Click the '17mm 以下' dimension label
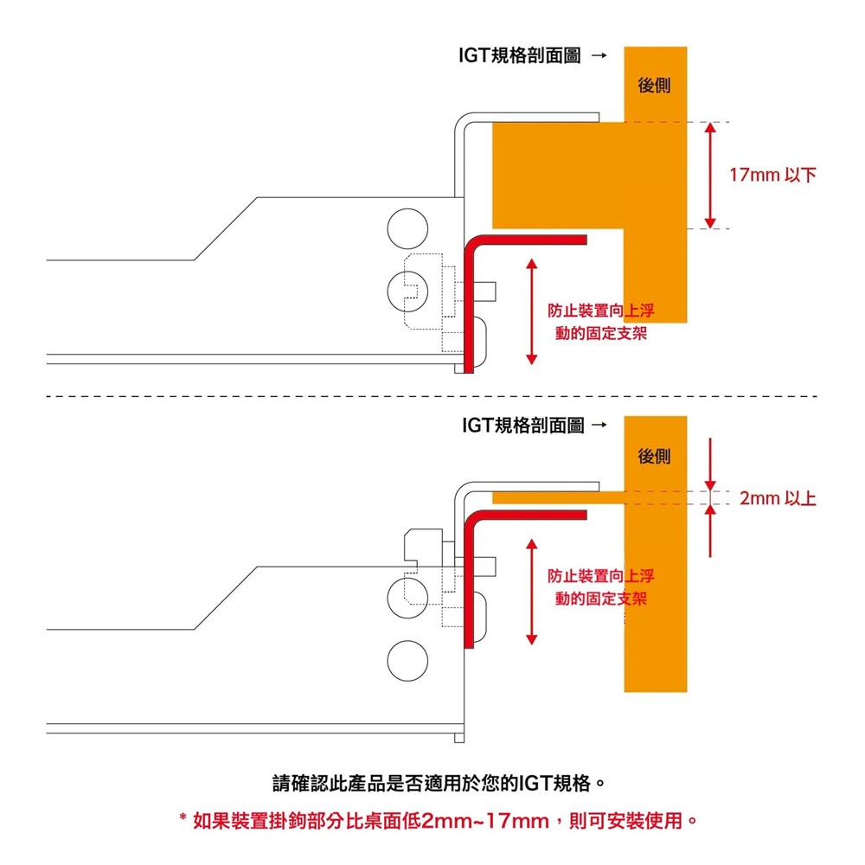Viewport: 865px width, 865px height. pos(772,176)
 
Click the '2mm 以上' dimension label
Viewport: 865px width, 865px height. pos(778,499)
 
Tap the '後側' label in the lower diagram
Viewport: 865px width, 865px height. pos(654,455)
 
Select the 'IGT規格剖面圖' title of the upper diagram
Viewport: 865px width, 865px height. pos(520,57)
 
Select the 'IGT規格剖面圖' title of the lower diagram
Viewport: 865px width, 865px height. pos(522,426)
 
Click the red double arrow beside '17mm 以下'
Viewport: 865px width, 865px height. pos(710,176)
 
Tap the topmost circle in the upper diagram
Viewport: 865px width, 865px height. pos(407,227)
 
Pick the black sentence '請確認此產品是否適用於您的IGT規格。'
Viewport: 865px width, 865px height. pos(438,784)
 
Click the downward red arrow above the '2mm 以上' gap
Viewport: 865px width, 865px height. pos(710,465)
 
